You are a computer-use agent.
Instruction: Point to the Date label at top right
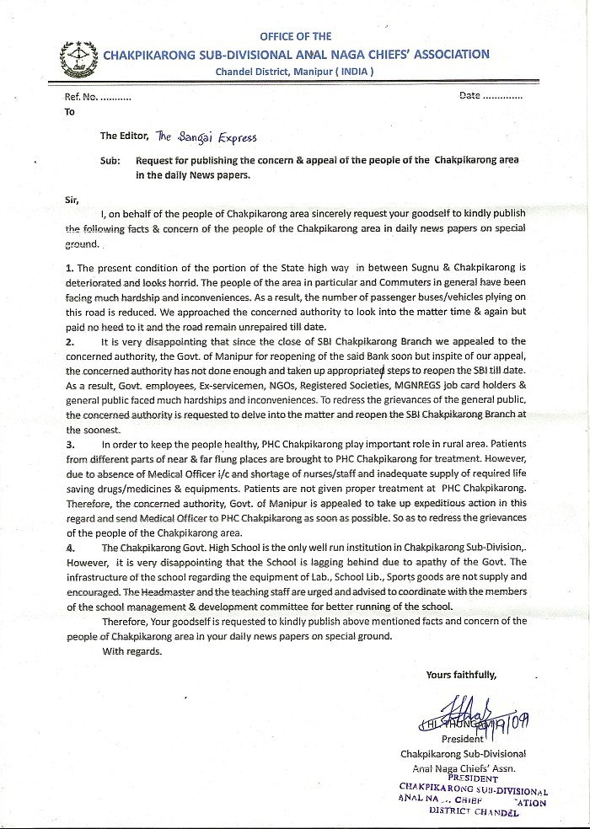click(x=469, y=96)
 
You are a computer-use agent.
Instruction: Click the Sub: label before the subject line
click(x=111, y=159)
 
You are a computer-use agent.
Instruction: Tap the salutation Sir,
click(x=72, y=200)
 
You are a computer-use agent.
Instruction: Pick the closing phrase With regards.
click(x=129, y=650)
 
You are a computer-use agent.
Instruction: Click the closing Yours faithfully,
click(x=461, y=675)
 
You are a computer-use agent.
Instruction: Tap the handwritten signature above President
click(x=455, y=719)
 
